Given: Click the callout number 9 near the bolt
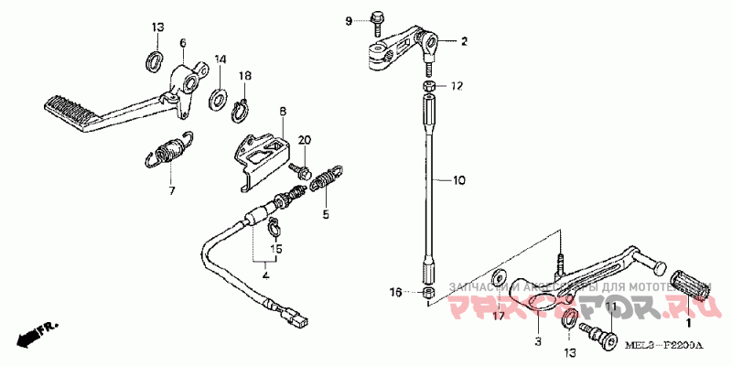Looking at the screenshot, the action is click(349, 20).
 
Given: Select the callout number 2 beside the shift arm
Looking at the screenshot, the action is click(463, 41).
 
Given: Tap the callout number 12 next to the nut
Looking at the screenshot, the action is click(457, 86).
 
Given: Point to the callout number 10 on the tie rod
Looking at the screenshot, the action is click(459, 181).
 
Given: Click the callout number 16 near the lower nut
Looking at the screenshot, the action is click(394, 292).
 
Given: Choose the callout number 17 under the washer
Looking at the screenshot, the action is click(500, 317).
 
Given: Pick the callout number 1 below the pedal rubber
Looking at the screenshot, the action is click(689, 322).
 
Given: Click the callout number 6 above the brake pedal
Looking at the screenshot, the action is click(182, 43).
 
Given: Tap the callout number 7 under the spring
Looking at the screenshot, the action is click(169, 192).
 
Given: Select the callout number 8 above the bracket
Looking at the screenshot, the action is click(283, 112).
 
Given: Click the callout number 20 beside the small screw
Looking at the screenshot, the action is click(305, 139).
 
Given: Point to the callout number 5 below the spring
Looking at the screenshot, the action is click(324, 216).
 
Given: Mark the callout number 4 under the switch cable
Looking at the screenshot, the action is click(265, 274).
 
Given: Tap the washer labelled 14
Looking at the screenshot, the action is click(220, 97).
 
